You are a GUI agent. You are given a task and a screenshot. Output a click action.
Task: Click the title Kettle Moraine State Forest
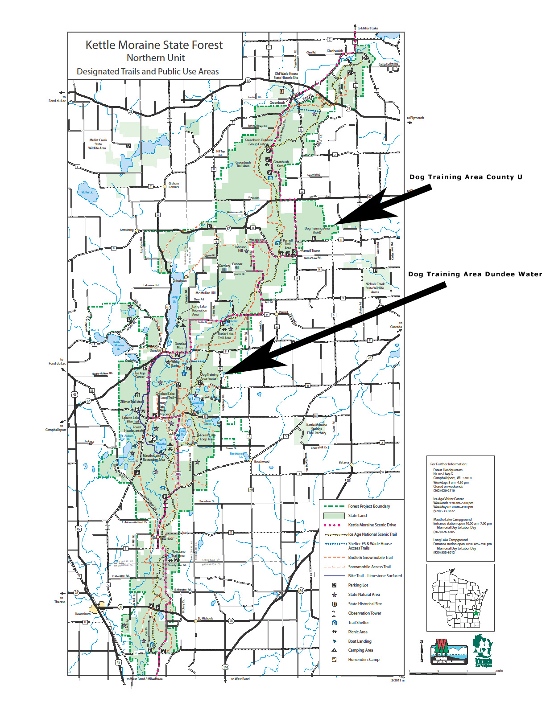154,45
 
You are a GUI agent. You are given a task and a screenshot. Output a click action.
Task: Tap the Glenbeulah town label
335,51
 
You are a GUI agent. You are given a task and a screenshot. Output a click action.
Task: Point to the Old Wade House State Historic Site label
286,76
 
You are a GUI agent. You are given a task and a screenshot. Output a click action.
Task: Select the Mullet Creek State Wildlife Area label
98,144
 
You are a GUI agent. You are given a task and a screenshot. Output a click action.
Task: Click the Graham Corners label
174,185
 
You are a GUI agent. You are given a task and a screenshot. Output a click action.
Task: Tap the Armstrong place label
126,230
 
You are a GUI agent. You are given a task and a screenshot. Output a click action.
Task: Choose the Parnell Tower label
311,250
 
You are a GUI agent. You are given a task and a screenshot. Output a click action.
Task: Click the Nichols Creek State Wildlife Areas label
375,288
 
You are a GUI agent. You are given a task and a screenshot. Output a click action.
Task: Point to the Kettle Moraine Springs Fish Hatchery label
316,429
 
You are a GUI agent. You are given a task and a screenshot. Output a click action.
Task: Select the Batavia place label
343,462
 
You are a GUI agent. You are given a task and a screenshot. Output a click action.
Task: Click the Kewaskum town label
83,614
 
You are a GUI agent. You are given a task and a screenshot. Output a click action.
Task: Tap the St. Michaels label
205,618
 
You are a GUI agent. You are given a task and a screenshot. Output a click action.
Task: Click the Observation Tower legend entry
364,613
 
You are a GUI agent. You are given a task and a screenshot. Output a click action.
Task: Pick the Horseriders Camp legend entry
364,660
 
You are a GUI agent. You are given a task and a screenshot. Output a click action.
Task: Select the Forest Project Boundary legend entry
369,506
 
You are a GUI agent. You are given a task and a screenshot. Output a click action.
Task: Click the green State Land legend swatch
334,516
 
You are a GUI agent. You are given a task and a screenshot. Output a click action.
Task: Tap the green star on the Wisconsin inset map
476,613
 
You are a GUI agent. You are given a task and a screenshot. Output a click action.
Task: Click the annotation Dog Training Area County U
466,177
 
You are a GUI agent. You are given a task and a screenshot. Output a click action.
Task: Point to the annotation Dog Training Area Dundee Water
475,274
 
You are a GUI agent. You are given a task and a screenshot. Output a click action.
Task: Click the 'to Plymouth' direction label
415,118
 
